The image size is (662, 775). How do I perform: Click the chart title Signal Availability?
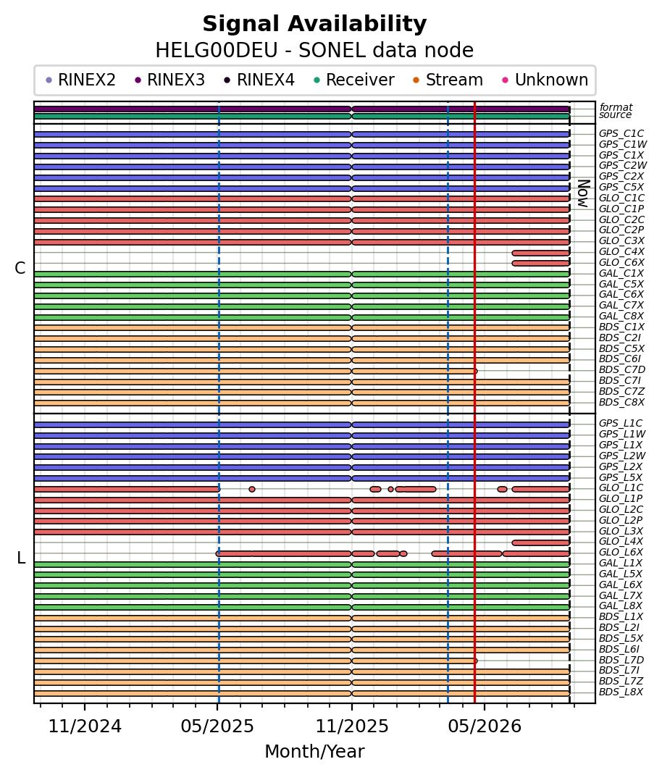(x=314, y=24)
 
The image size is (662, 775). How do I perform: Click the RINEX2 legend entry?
(x=80, y=80)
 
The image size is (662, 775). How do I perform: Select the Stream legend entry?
(x=448, y=80)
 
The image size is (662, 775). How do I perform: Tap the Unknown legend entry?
(x=545, y=80)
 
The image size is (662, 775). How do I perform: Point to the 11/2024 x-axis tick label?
(x=85, y=726)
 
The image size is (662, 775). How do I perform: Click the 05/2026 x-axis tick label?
(x=485, y=726)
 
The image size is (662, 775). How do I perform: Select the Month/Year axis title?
(x=314, y=751)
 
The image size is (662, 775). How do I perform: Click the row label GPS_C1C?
(x=621, y=133)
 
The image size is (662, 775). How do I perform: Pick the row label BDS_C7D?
(x=622, y=369)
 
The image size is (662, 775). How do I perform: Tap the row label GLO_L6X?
(x=621, y=552)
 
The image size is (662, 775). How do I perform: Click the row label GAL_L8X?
(x=621, y=606)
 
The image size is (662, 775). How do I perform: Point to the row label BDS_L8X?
(x=621, y=692)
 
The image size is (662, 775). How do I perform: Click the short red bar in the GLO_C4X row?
(x=541, y=253)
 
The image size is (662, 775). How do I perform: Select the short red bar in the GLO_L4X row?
(x=541, y=542)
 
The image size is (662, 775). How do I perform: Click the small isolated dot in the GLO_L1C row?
(x=252, y=490)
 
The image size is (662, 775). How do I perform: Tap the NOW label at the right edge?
(x=584, y=194)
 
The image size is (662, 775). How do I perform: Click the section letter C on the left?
(x=20, y=268)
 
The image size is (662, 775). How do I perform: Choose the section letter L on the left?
(x=21, y=558)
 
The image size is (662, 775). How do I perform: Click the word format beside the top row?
(x=616, y=106)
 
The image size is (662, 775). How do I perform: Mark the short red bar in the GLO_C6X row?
(x=541, y=264)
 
